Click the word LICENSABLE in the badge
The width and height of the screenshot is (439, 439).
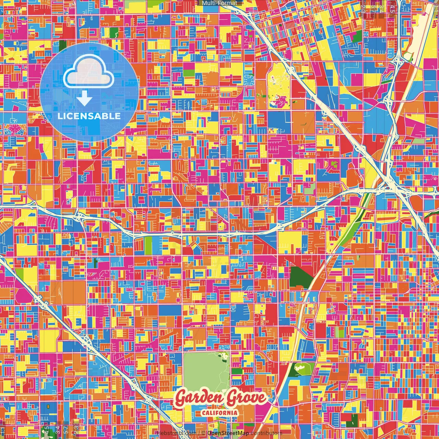[89, 116]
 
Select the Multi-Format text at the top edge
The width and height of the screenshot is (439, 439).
[219, 3]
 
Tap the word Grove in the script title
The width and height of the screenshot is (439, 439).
[246, 398]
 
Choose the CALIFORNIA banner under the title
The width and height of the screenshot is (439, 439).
[219, 412]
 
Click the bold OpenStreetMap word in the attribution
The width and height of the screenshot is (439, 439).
[228, 433]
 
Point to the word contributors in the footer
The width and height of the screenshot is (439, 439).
[266, 433]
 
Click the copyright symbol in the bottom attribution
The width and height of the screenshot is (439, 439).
[203, 433]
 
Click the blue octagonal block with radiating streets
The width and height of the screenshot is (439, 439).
[249, 80]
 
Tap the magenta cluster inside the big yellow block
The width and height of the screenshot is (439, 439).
[280, 100]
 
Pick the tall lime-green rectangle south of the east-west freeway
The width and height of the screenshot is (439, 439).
[148, 245]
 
